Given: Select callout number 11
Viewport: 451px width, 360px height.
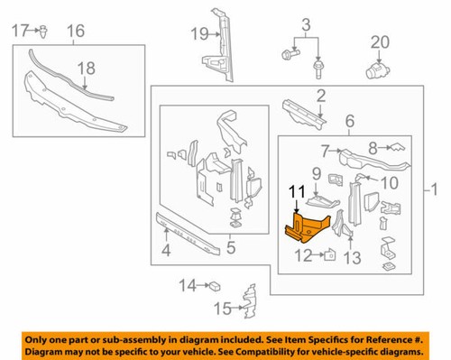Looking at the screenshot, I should [298, 191].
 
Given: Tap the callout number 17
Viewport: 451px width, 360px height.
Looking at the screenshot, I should [21, 32].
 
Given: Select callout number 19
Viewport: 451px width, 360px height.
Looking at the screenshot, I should [197, 35].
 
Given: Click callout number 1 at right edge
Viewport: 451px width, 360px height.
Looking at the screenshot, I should [438, 191].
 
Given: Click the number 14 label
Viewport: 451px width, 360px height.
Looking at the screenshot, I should [187, 286].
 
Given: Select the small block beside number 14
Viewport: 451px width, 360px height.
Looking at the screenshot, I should [216, 286].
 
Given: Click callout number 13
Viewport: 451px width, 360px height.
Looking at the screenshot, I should [353, 258].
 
